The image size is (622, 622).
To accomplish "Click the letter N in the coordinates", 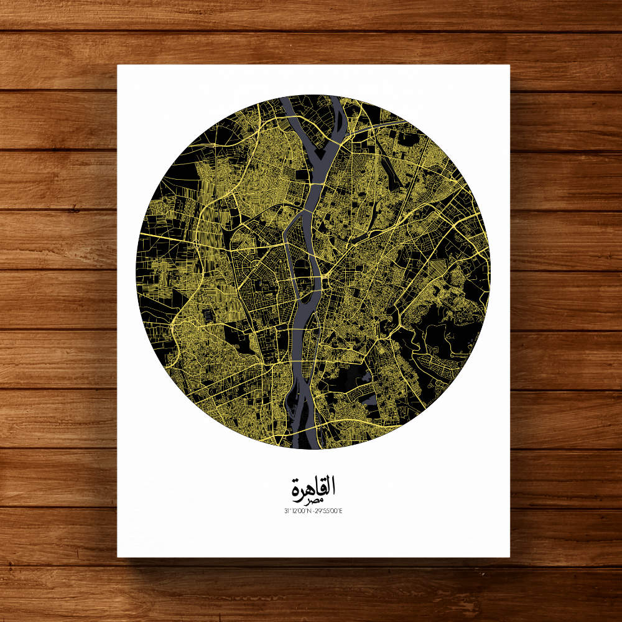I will click(309, 511).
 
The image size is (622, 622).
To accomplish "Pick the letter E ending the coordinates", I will click(341, 511).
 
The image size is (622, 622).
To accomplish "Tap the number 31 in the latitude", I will click(284, 511).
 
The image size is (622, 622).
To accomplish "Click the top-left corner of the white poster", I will click(118, 65).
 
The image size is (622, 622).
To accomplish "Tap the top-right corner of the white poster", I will click(509, 65).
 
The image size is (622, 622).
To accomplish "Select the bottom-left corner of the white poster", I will click(118, 556).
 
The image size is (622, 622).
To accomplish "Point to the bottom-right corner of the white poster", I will click(509, 556).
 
